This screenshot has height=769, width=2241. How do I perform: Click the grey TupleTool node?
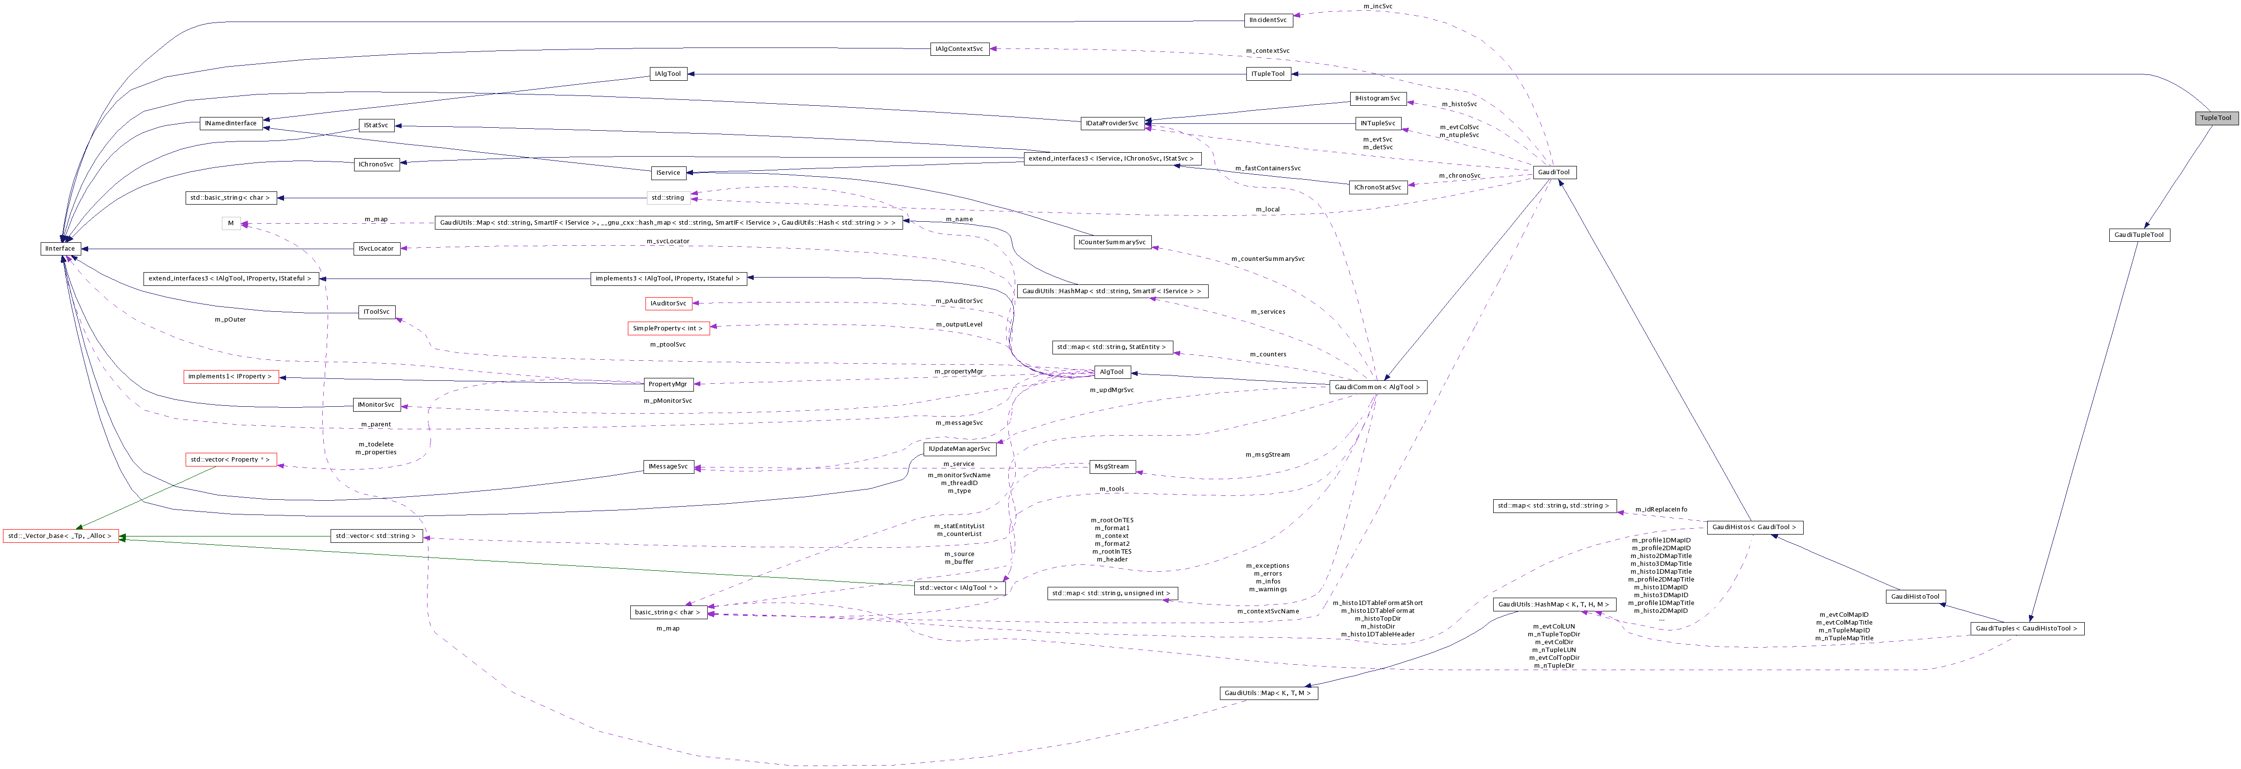click(2215, 117)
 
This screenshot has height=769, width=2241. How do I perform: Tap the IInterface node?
click(60, 249)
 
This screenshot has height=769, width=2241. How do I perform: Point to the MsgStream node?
click(1112, 467)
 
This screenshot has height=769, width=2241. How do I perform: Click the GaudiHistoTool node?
click(1915, 597)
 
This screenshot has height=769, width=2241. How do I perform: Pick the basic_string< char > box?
click(667, 612)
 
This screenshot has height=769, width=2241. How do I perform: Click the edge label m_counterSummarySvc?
click(1267, 259)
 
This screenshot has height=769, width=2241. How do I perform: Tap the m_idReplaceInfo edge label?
click(1661, 510)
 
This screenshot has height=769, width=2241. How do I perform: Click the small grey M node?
click(231, 224)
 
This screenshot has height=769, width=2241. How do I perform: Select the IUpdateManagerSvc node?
click(959, 449)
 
